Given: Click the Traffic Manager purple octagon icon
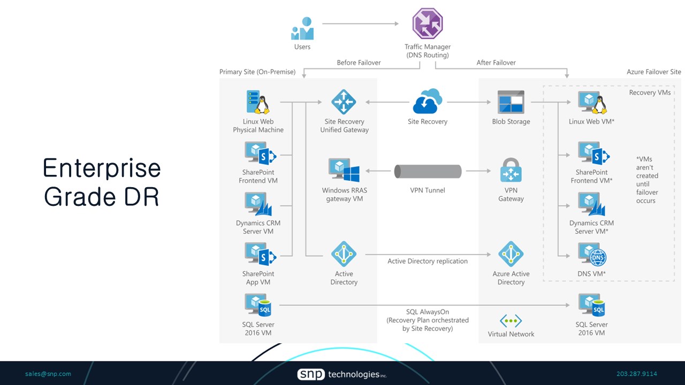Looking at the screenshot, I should (x=428, y=24).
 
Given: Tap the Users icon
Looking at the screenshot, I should (x=302, y=29).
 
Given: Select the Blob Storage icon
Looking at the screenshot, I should (x=511, y=102).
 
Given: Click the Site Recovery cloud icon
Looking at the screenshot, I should (x=427, y=101).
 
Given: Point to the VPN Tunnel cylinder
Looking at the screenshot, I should (x=428, y=171).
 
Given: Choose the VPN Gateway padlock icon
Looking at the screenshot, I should (x=511, y=170).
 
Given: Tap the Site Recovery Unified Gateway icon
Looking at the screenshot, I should (x=344, y=102).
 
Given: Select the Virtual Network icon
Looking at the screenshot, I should (x=511, y=321).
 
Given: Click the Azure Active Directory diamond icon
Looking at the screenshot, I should (x=511, y=254).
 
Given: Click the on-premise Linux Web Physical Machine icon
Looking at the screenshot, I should (x=257, y=102).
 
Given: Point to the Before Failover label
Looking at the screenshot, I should (x=359, y=63).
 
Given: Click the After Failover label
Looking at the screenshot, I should (x=496, y=63).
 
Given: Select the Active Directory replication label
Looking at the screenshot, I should (x=428, y=261).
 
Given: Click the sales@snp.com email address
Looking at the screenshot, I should (x=48, y=374).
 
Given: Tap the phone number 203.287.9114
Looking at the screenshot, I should (x=637, y=374).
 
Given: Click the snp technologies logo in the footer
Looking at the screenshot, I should (x=342, y=374).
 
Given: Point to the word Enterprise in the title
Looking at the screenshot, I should (x=102, y=168).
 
